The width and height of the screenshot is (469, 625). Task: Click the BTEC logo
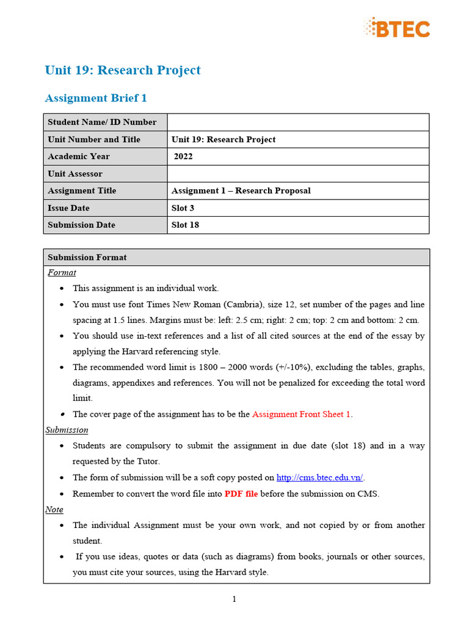[397, 27]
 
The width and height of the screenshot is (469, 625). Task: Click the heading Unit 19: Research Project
[123, 70]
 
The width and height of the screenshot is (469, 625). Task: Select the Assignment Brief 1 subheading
[96, 98]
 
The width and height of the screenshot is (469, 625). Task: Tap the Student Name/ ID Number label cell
[102, 122]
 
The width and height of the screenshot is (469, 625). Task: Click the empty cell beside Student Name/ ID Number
[298, 122]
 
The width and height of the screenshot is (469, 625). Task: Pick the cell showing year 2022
[183, 156]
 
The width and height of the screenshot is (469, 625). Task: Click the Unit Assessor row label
[75, 173]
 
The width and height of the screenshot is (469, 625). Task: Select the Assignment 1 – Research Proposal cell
[241, 190]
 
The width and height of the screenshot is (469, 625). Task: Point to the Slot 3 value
[183, 208]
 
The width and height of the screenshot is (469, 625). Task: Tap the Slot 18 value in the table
[185, 225]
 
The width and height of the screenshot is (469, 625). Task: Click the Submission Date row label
[81, 225]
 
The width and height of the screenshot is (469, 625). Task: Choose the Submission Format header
[87, 257]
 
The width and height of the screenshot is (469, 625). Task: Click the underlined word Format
[62, 272]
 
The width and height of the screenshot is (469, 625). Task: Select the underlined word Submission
[67, 430]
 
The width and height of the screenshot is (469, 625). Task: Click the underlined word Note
[54, 509]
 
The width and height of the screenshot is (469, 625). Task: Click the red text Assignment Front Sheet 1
[302, 414]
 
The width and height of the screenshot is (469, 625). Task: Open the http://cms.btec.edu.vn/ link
[320, 477]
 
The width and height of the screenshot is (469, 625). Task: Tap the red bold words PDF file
[241, 493]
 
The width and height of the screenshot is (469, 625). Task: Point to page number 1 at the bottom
[234, 599]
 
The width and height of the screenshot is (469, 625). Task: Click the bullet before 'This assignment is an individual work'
[64, 288]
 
